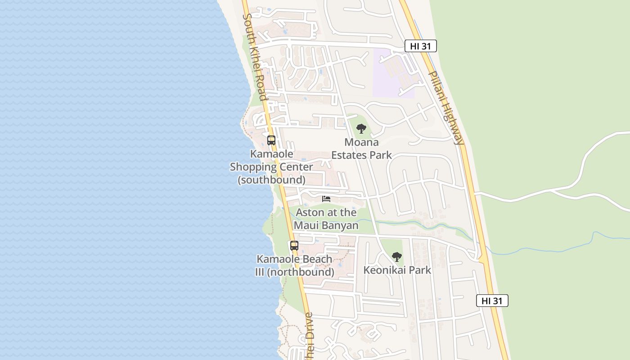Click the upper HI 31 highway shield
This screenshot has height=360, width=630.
(420, 46)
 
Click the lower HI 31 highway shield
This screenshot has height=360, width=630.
(492, 301)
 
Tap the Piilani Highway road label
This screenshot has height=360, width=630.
(445, 108)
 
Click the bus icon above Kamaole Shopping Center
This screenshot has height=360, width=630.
(271, 140)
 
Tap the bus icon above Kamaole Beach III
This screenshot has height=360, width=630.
(294, 246)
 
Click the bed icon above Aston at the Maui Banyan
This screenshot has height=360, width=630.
(326, 198)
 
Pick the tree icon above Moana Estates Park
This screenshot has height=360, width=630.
(361, 129)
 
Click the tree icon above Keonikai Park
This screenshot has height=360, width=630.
(396, 257)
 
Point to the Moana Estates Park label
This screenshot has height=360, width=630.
(361, 149)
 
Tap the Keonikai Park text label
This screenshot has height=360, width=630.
(397, 270)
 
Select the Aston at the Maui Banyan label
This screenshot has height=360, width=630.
(326, 219)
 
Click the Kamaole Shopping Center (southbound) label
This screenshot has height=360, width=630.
(271, 167)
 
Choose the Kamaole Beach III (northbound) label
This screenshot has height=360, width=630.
(294, 265)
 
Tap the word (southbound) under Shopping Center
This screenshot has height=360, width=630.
(271, 180)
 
